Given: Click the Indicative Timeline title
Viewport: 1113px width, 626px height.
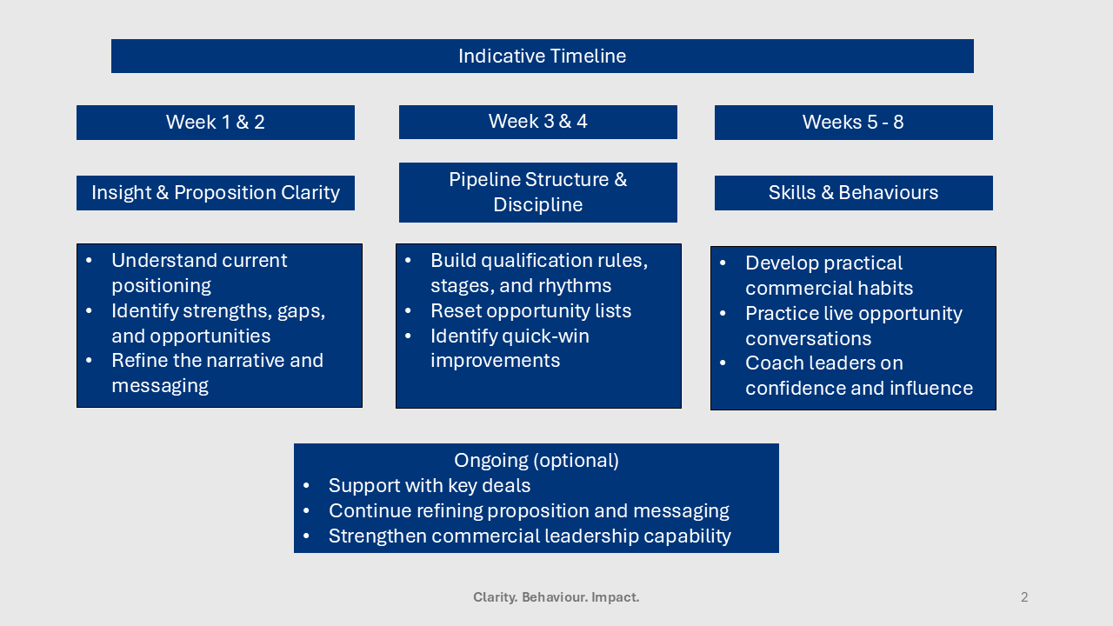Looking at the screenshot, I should (x=542, y=57).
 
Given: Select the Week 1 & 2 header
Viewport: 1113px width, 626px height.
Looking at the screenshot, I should (x=215, y=123).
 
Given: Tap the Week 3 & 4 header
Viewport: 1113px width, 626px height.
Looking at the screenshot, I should (x=537, y=122).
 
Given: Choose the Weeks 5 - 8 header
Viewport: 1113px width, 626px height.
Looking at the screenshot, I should (x=852, y=123).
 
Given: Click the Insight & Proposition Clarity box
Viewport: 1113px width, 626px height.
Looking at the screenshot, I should (x=215, y=193).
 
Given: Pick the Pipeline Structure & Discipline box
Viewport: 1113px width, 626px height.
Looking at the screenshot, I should (x=537, y=192).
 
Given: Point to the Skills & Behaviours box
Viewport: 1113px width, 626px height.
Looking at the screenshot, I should (x=852, y=193).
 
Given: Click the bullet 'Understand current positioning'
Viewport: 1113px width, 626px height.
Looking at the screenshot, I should (x=199, y=273).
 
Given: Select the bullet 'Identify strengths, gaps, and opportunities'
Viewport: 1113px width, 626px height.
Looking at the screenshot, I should (x=217, y=323).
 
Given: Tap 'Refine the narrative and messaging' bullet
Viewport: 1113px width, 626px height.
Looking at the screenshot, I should (x=217, y=373).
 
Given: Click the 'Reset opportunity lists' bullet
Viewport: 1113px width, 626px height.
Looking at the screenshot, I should (x=530, y=311).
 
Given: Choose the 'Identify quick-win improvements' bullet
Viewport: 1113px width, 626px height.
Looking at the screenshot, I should (x=509, y=349).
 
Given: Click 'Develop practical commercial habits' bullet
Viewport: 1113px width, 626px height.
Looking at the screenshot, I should (x=828, y=276).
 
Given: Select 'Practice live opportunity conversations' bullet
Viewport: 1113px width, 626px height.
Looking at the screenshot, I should (x=853, y=326).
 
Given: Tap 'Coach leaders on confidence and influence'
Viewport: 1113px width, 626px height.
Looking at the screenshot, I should (x=858, y=376).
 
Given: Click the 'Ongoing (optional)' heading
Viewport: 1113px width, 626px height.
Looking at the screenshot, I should (x=536, y=461).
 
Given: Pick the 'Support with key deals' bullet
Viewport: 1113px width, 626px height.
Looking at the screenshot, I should (x=429, y=486).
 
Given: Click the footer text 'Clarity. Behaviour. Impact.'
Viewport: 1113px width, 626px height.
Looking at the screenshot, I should (x=556, y=597).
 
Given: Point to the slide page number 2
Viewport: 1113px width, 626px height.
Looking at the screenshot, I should (x=1024, y=597).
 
